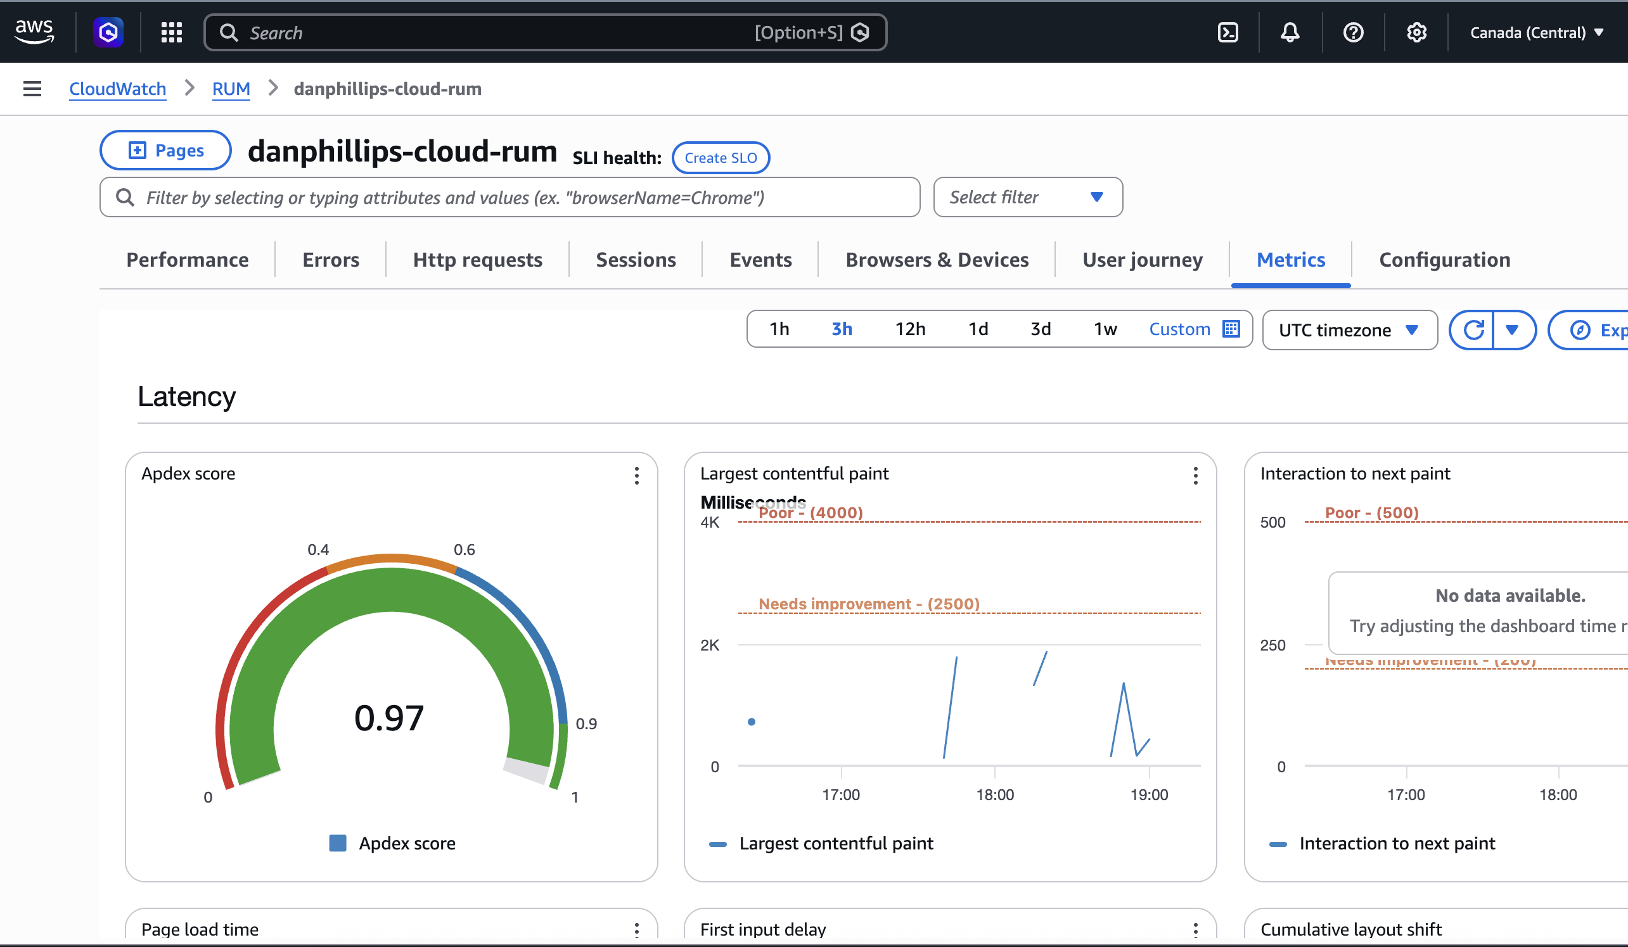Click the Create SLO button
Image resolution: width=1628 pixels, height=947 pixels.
coord(721,158)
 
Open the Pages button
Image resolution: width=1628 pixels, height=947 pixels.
coord(165,151)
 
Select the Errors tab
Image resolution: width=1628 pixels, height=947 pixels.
coord(330,260)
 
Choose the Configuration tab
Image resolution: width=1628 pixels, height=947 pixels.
coord(1444,260)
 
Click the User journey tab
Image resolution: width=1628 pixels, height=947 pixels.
coord(1141,260)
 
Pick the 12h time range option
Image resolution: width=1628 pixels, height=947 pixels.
coord(909,329)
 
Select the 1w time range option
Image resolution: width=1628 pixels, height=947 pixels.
coord(1105,329)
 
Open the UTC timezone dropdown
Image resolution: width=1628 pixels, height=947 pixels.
coord(1349,330)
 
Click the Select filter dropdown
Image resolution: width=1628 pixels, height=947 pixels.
coord(1027,197)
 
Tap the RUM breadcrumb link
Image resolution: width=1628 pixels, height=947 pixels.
coord(231,89)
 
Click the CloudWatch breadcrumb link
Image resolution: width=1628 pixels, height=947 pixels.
coord(118,89)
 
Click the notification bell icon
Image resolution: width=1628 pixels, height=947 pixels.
coord(1290,32)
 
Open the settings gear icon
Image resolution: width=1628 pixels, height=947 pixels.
coord(1416,32)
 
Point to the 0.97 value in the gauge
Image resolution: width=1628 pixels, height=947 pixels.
coord(389,718)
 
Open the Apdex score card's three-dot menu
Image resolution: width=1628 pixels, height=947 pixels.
coord(636,476)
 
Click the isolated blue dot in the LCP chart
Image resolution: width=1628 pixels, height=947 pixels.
coord(752,721)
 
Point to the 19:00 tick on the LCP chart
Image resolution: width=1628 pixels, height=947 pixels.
coord(1149,794)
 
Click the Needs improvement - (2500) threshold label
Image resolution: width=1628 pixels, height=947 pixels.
coord(868,603)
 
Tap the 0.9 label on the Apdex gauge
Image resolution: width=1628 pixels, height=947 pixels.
coord(586,723)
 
